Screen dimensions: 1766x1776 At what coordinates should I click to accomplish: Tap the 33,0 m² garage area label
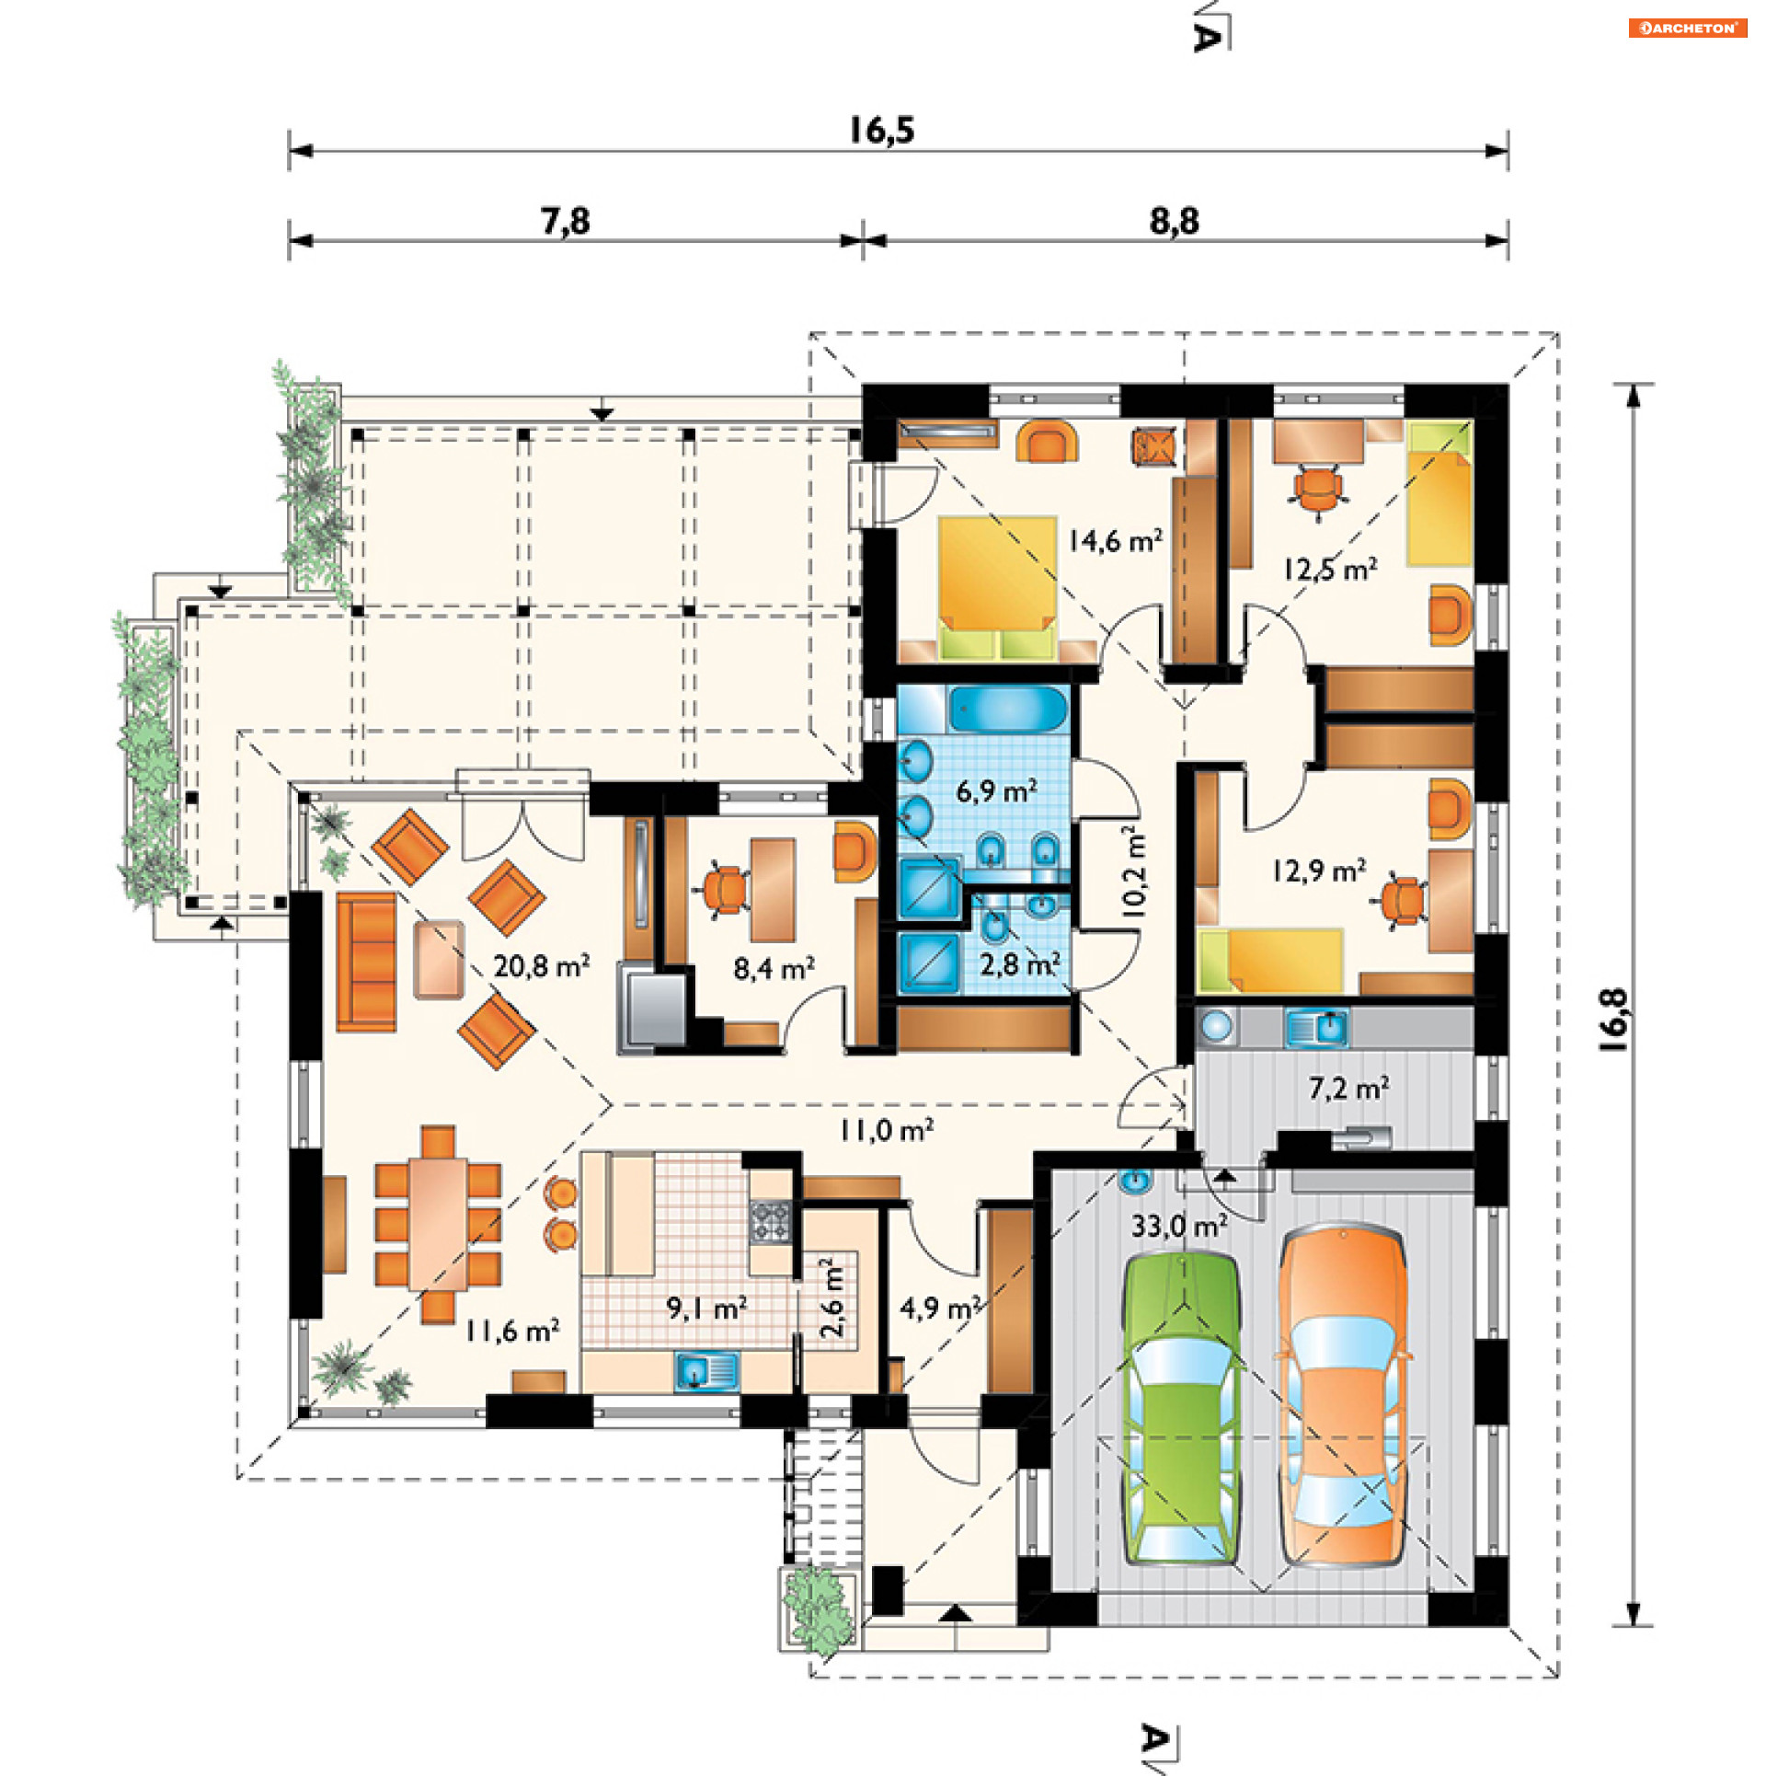(x=1179, y=1227)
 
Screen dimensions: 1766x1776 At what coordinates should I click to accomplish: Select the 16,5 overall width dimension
(x=881, y=130)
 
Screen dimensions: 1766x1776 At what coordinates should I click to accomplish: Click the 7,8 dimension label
(x=565, y=221)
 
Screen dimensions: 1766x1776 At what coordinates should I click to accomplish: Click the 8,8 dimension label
(x=1175, y=221)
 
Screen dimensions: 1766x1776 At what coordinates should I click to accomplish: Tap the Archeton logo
(x=1688, y=28)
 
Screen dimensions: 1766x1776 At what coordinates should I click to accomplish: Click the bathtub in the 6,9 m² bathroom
(x=1007, y=709)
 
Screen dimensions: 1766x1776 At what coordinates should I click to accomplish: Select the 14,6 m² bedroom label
(x=1115, y=540)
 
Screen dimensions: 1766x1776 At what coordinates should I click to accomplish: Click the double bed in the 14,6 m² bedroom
(x=997, y=588)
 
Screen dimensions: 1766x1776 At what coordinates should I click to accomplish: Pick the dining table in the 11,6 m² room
(x=438, y=1224)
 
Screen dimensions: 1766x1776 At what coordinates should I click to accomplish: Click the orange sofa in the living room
(x=366, y=962)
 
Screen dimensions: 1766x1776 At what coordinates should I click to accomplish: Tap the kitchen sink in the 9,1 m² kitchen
(x=706, y=1372)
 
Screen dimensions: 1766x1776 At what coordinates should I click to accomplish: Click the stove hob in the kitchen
(x=771, y=1223)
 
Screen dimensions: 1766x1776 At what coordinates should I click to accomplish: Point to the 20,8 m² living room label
(x=541, y=965)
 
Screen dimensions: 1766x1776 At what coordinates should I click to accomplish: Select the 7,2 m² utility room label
(x=1348, y=1089)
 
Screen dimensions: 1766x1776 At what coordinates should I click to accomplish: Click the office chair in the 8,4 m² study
(x=726, y=890)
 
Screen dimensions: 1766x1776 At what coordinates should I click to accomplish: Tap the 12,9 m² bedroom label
(x=1319, y=870)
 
